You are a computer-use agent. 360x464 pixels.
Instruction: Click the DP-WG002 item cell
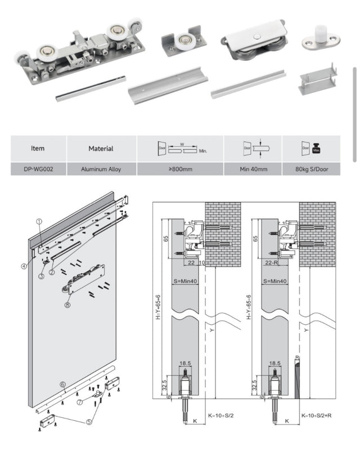point(38,169)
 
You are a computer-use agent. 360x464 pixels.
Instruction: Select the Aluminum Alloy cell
point(101,169)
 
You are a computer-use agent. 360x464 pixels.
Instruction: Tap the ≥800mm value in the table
point(180,169)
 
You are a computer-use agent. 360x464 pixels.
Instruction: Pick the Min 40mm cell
point(253,169)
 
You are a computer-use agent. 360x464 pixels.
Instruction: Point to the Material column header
point(101,149)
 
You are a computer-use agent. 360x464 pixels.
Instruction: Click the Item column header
point(38,149)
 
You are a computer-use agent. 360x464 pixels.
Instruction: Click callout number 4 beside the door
point(24,266)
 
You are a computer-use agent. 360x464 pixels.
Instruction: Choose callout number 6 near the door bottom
point(63,385)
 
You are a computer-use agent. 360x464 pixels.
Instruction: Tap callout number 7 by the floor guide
point(80,403)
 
